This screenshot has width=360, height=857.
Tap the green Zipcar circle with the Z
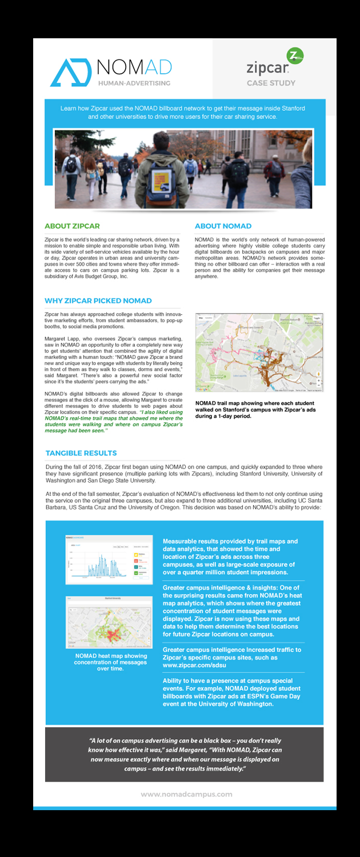coord(295,55)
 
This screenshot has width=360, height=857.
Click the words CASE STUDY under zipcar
coord(271,83)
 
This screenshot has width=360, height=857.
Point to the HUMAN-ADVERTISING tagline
coord(134,83)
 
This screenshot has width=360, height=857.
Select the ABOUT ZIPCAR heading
coord(72,226)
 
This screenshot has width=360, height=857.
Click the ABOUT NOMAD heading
coord(223,226)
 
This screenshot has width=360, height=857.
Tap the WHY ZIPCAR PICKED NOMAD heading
coord(98,301)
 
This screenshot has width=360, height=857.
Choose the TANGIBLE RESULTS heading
coord(81,453)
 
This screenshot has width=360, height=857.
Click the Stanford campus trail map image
coord(259,353)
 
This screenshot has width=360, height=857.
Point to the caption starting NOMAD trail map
coord(254,409)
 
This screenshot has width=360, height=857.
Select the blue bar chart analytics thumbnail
coord(109,559)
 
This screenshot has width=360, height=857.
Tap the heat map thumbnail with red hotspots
coord(109,622)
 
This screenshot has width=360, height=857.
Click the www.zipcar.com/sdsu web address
coord(193,666)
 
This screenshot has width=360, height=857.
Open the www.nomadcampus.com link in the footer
coord(186,794)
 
